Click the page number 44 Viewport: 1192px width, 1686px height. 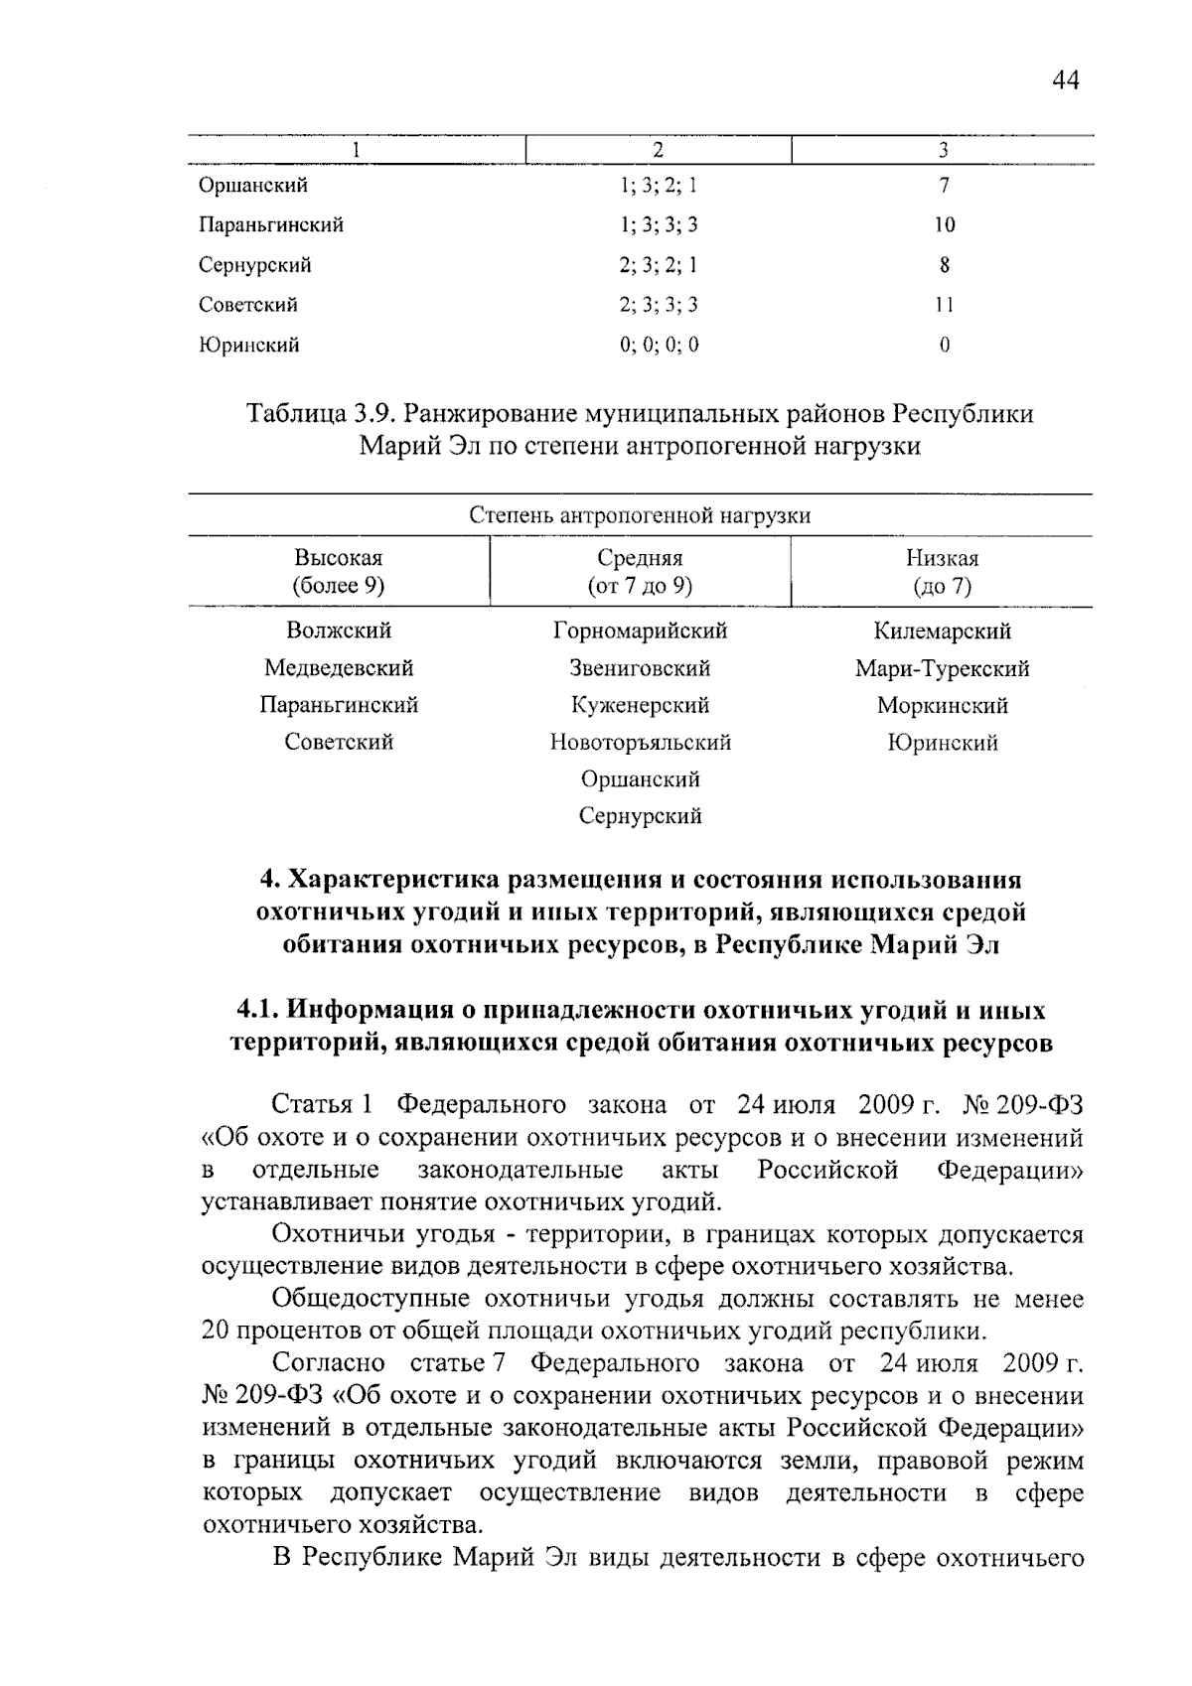point(1064,80)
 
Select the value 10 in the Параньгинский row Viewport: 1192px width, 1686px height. point(944,225)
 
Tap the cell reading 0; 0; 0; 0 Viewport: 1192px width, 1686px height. point(659,346)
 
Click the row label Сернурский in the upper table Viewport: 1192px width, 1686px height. point(255,265)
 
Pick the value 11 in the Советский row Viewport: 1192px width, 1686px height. point(944,305)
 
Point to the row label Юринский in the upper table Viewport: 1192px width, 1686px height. point(249,346)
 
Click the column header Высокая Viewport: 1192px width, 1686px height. point(338,558)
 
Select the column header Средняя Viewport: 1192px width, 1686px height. point(640,558)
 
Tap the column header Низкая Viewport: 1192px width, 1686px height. point(942,558)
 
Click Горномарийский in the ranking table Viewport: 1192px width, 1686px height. point(640,632)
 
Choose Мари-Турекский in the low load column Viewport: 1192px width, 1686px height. point(942,668)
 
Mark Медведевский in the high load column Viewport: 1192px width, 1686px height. point(338,668)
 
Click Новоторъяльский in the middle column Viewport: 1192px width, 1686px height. point(640,743)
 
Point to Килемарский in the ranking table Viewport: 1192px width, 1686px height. point(942,632)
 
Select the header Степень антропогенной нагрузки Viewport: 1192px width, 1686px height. point(640,515)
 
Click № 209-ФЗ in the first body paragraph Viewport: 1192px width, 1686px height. point(1023,1105)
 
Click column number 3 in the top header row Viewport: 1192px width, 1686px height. point(943,150)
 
